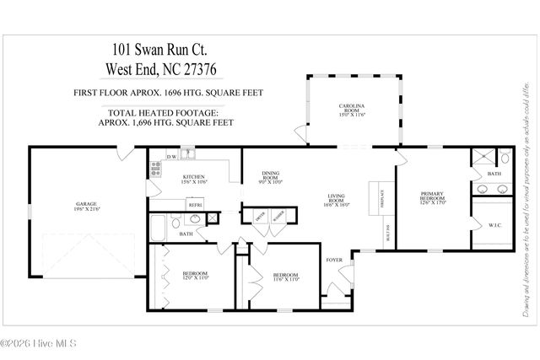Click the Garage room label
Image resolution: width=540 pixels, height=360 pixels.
[x=85, y=204]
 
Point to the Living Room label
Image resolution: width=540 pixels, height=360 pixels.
[x=336, y=200]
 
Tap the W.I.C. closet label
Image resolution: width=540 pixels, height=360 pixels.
[x=494, y=225]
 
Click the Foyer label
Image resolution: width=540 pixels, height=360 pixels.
[x=334, y=261]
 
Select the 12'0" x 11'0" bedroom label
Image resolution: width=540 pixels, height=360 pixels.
[x=195, y=276]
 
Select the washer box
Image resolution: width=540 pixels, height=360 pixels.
[x=277, y=214]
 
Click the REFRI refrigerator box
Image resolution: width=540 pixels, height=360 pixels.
[x=194, y=205]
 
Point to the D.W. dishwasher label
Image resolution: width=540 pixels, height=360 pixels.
[x=171, y=157]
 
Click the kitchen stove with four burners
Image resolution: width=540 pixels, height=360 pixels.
[x=155, y=169]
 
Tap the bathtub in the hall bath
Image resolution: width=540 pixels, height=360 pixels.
[x=158, y=225]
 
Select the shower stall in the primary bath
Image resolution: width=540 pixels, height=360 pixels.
[x=481, y=158]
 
